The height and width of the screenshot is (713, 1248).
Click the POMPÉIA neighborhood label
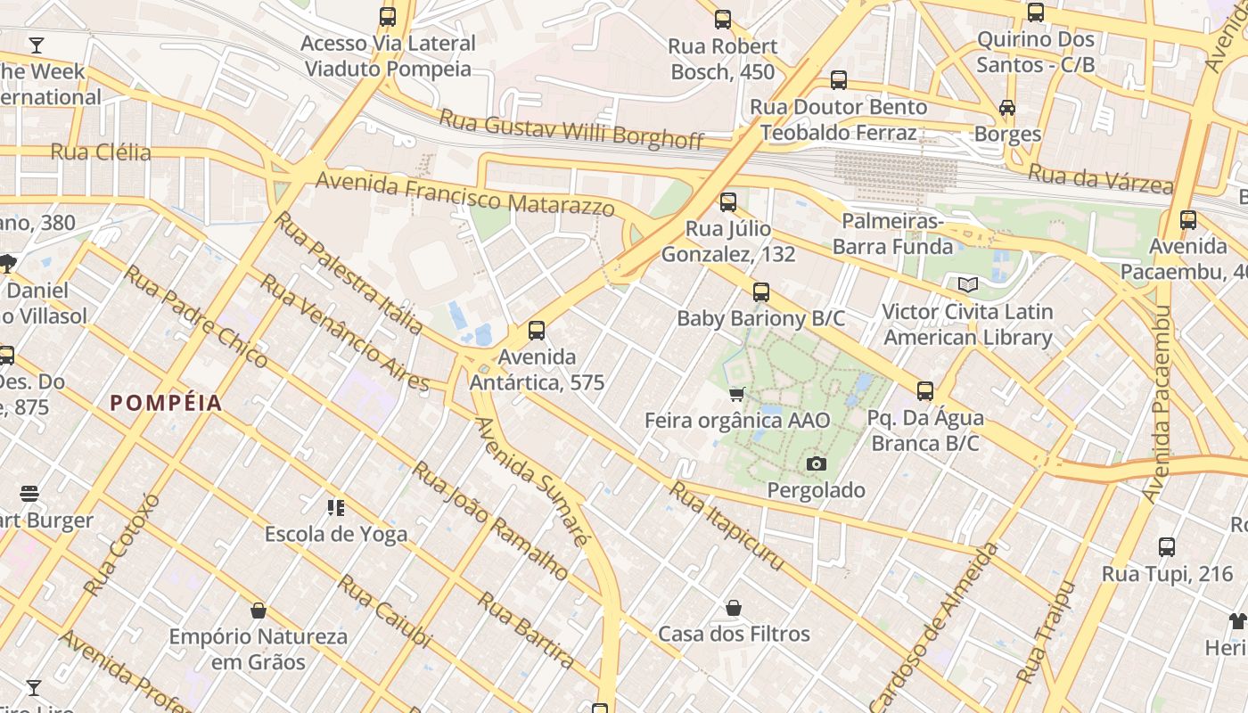coord(166,403)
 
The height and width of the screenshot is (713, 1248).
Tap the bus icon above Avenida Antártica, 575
coord(537,331)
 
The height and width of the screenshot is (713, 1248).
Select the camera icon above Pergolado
coord(816,463)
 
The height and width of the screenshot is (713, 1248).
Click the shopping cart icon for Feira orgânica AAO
coord(736,394)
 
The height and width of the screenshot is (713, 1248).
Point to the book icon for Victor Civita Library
coord(967,285)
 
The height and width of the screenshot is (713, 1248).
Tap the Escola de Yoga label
coord(336,534)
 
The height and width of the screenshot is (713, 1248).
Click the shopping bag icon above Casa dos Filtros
coord(734,608)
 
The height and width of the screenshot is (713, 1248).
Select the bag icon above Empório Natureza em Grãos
coord(259,611)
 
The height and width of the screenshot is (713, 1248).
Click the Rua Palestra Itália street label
coord(349,273)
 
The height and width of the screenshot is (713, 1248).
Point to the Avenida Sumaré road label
coord(531,481)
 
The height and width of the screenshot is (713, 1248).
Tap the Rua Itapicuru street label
coord(727,526)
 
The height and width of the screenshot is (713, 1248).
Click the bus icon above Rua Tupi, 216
coord(1167,547)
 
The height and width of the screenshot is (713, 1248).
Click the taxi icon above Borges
coord(1007,108)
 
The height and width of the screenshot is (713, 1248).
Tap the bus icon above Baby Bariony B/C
coord(760,292)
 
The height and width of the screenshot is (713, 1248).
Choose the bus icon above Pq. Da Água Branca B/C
coord(925,391)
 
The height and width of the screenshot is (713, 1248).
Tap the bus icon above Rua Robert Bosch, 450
coord(723,20)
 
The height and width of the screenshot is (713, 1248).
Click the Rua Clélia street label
coord(101,152)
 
